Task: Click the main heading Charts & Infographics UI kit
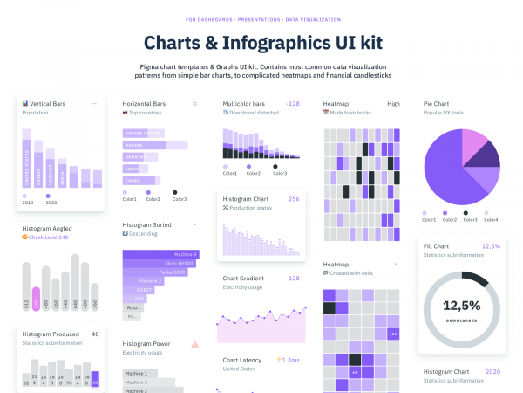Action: click(261, 42)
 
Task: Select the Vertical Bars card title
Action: click(51, 103)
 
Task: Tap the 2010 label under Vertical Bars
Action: click(28, 202)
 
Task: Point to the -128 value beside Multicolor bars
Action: click(292, 103)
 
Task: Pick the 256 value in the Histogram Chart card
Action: click(294, 198)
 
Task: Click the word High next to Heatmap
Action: click(393, 103)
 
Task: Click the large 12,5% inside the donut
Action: click(461, 306)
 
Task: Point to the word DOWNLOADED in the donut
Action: click(461, 321)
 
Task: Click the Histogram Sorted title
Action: click(146, 224)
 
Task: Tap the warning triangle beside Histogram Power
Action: click(194, 344)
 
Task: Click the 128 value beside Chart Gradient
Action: click(294, 278)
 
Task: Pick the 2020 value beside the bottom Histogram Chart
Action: click(492, 371)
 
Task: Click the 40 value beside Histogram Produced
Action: click(95, 334)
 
